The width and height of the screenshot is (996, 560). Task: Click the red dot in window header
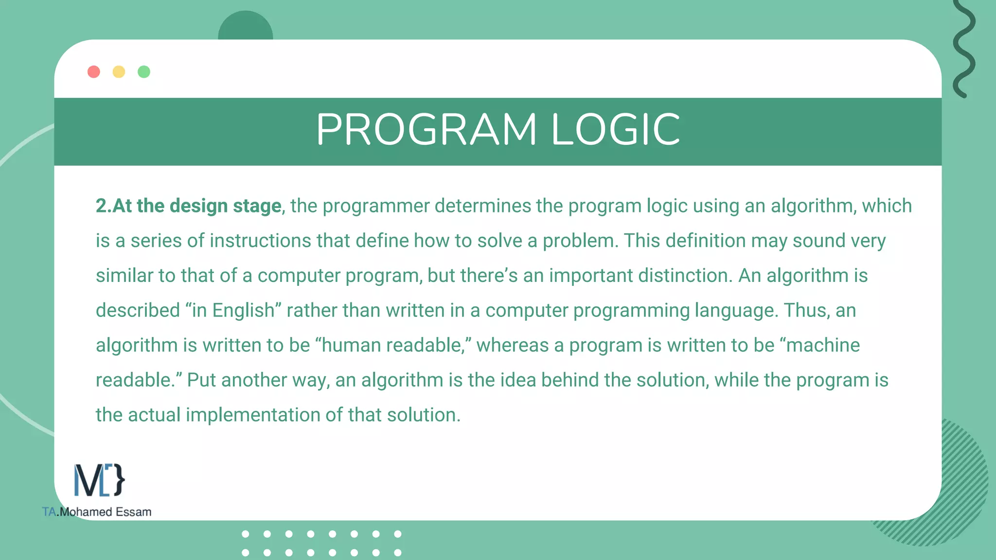[94, 72]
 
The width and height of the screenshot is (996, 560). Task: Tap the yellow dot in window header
[119, 72]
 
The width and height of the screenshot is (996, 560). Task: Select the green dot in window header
[144, 72]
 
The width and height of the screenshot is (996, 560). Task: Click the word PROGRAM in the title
[427, 130]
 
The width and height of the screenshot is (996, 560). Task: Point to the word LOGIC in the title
[616, 130]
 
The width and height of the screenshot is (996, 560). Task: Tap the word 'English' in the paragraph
[244, 311]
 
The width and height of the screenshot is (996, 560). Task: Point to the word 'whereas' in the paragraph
[513, 346]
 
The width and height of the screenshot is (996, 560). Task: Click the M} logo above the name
[99, 480]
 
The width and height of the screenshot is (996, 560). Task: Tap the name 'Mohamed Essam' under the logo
[106, 512]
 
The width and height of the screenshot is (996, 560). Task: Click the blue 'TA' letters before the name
[49, 512]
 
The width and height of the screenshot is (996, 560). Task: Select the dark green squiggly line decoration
[964, 49]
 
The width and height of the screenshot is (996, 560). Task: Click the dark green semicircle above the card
[246, 27]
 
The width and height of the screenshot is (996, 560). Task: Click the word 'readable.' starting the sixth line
[139, 380]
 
